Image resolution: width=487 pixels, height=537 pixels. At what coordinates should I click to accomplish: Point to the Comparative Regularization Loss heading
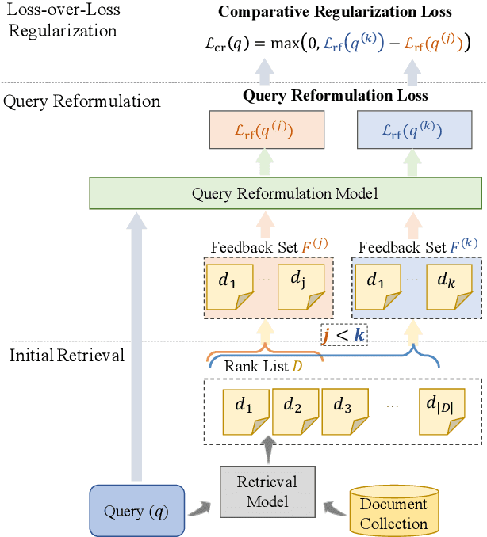335,12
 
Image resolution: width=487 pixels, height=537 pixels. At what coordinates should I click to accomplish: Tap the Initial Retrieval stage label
67,356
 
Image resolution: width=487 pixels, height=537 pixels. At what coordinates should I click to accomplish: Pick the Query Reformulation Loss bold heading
335,96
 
